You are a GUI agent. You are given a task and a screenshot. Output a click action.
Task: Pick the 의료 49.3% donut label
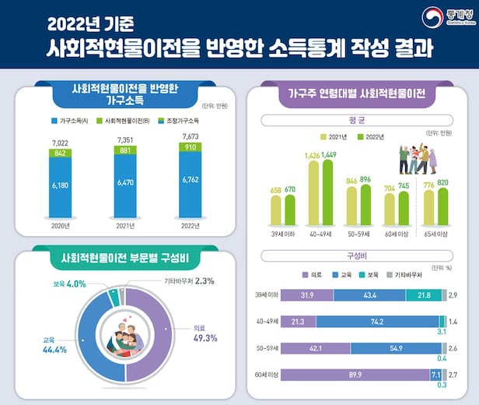pos(205,333)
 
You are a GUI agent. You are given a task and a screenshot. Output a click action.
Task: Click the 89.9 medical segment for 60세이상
pos(355,375)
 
